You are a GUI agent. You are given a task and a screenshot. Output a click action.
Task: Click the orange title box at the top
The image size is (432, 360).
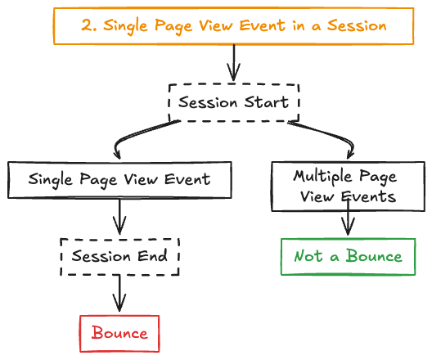pyautogui.click(x=233, y=25)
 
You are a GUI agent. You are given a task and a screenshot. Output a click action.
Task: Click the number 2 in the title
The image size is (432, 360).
pyautogui.click(x=86, y=25)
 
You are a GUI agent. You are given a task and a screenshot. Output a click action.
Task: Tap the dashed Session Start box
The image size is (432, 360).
pyautogui.click(x=234, y=102)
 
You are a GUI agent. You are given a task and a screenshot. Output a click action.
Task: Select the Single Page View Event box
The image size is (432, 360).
pyautogui.click(x=120, y=179)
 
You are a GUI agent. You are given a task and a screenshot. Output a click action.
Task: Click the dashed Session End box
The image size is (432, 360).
pyautogui.click(x=120, y=256)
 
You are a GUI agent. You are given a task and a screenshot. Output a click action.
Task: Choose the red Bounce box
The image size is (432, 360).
pyautogui.click(x=119, y=333)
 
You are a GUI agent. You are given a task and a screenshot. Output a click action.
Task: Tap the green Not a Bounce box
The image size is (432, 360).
pyautogui.click(x=349, y=256)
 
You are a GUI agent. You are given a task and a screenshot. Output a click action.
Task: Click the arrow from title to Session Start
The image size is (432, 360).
pyautogui.click(x=234, y=61)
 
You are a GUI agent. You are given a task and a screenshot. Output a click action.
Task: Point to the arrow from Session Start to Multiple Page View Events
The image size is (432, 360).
pyautogui.click(x=327, y=135)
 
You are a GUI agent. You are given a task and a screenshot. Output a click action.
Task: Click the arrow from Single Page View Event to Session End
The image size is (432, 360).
pyautogui.click(x=121, y=218)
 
